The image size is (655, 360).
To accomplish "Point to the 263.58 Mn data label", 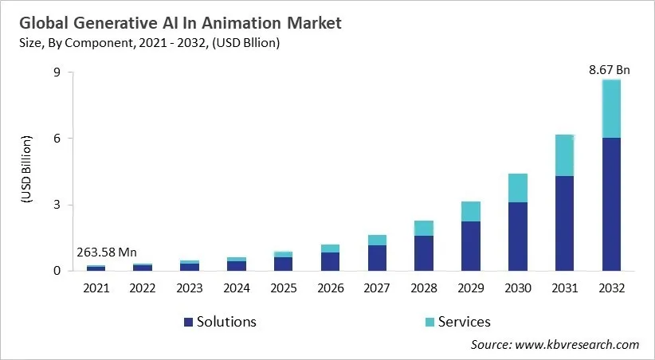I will tap(107, 252).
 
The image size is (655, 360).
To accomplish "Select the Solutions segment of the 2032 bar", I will tap(610, 204).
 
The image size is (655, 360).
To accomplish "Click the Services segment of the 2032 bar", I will tap(610, 108).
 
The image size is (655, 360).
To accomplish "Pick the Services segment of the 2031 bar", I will tap(564, 155).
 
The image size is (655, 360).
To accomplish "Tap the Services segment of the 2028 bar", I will tap(424, 228).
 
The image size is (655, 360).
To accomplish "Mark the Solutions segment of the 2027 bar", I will tap(377, 258).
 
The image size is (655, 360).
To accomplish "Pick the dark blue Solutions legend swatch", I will tap(188, 322).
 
